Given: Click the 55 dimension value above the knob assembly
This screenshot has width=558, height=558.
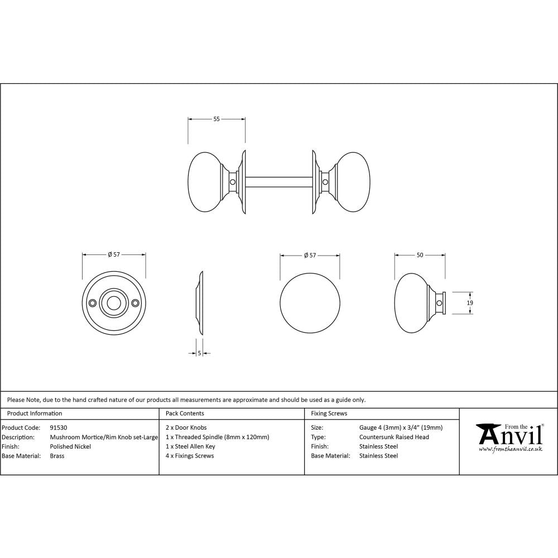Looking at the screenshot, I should tap(217, 118).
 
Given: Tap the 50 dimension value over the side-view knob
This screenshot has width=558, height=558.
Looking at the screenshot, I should tap(420, 255).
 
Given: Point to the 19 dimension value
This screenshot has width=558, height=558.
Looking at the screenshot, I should tap(470, 302).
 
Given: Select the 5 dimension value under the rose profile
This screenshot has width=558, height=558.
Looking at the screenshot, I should tap(199, 353).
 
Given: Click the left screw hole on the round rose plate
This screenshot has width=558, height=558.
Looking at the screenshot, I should tap(93, 302).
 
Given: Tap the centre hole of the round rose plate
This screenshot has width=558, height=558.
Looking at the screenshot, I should tap(114, 302).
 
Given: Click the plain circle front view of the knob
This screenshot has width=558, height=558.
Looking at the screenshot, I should tap(310, 302).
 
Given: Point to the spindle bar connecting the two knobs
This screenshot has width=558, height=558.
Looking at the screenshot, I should tap(279, 182).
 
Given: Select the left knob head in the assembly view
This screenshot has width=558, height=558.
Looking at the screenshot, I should tap(205, 182).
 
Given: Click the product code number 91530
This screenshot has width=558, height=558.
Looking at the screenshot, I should tap(59, 428).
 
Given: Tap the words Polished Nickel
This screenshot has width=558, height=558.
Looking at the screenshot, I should tap(70, 446).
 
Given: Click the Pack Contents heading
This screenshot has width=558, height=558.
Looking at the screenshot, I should tap(185, 413).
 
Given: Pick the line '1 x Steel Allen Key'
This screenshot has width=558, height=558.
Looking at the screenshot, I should tap(190, 446).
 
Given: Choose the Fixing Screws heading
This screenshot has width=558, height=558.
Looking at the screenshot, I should tap(329, 413).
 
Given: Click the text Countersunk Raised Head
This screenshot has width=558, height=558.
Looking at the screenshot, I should tap(394, 437).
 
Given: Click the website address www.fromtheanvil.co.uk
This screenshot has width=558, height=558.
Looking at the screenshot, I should tap(511, 449).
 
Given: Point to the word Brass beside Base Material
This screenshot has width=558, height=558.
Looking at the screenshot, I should tap(57, 456).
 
